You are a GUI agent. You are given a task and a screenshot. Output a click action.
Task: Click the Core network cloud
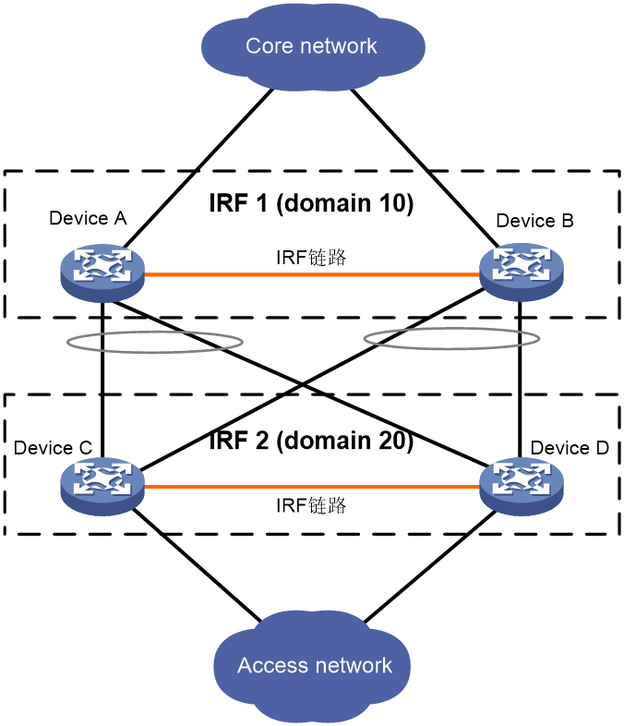click(313, 46)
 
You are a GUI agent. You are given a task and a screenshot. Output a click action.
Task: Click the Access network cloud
click(312, 665)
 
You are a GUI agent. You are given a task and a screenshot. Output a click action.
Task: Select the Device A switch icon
click(102, 272)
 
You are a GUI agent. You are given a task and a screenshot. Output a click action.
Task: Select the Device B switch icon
click(522, 272)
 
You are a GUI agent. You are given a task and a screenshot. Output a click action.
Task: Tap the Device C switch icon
click(102, 486)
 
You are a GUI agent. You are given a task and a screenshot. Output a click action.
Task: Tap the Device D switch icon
click(522, 486)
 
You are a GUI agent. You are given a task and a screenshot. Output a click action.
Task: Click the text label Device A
click(88, 218)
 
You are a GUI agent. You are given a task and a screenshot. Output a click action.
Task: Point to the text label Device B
click(534, 221)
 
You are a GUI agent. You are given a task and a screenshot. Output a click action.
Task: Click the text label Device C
click(53, 448)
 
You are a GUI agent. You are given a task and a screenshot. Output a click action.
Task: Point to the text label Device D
click(570, 448)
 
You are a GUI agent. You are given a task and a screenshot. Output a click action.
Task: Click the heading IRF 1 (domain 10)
click(311, 203)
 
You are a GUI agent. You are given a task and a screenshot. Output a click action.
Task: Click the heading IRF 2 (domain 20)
click(311, 441)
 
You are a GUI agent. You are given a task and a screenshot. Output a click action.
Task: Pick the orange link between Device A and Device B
click(312, 274)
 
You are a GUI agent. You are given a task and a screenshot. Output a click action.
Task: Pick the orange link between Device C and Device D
click(312, 487)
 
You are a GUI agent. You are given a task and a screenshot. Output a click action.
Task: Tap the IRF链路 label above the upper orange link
click(311, 258)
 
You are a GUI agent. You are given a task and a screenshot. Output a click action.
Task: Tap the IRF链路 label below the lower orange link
click(311, 505)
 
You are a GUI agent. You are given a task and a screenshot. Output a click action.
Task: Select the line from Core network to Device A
click(198, 167)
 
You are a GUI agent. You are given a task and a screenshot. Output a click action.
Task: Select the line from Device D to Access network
click(430, 566)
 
